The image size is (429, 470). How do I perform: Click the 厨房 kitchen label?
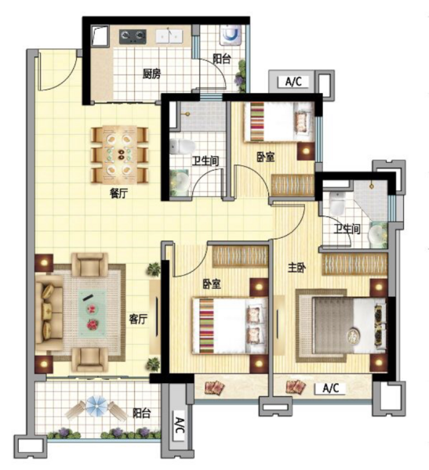point(151,74)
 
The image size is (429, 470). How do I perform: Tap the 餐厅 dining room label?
point(119,194)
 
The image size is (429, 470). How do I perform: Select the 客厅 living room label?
point(138,320)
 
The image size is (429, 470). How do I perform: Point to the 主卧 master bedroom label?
point(297,267)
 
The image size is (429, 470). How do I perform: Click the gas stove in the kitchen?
point(133,36)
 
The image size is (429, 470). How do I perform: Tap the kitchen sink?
point(169,36)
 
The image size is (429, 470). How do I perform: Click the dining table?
point(120,155)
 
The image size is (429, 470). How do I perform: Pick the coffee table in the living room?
point(93,313)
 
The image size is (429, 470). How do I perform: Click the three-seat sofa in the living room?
point(49,313)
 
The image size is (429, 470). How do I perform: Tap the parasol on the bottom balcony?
point(97,406)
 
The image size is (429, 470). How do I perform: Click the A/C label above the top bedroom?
point(293,81)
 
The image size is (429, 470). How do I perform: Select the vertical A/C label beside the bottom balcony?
point(179,425)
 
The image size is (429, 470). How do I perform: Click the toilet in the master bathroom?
point(337,204)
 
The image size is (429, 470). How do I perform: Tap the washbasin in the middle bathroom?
point(180,182)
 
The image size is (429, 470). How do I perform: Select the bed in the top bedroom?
point(279,121)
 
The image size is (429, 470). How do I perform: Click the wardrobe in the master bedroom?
point(354,264)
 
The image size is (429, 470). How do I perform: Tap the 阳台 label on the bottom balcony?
point(142,414)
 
